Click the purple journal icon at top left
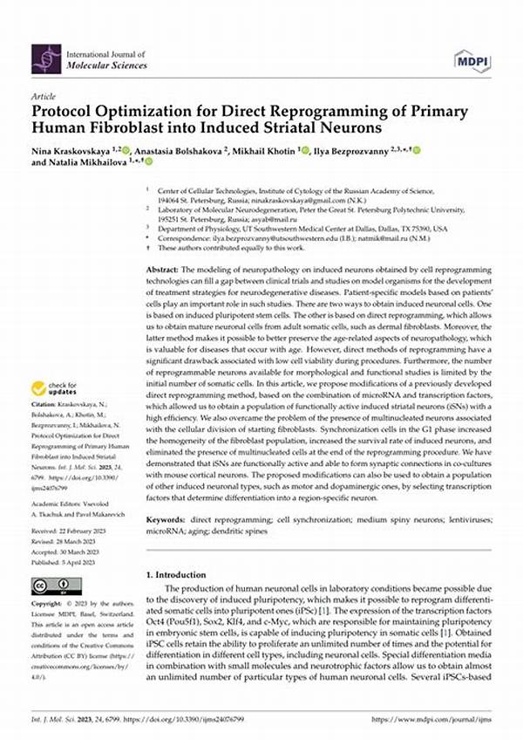click(x=46, y=58)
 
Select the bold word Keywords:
click(x=165, y=520)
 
